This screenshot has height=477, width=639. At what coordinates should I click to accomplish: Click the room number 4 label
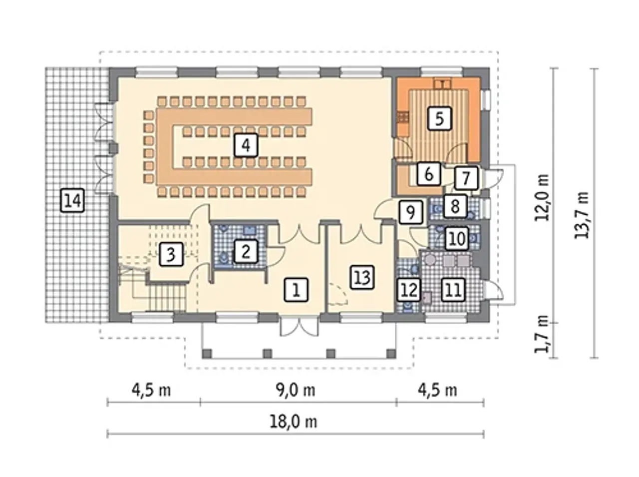[246, 145]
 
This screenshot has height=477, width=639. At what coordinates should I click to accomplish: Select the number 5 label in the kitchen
[439, 118]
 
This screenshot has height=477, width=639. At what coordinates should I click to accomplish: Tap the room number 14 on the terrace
[72, 200]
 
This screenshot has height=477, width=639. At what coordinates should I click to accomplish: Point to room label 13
[362, 277]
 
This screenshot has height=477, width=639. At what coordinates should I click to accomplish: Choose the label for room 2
[246, 251]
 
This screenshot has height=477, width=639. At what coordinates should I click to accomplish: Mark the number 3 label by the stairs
[171, 254]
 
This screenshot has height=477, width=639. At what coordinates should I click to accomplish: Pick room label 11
[453, 289]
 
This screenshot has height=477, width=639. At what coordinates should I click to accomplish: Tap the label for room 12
[409, 289]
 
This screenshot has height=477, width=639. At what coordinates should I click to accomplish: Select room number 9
[410, 212]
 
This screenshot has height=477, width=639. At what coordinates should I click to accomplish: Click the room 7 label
[466, 178]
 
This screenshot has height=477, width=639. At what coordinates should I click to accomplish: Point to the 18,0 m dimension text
[293, 422]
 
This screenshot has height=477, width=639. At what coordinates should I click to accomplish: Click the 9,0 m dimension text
[295, 390]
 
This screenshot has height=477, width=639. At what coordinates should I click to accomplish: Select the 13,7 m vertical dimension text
[582, 215]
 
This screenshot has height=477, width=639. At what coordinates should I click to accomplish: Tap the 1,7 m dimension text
[542, 338]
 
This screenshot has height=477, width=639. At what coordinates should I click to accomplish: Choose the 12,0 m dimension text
[542, 197]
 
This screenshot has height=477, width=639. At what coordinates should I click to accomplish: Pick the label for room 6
[428, 174]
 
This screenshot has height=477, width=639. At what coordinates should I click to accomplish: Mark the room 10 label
[457, 239]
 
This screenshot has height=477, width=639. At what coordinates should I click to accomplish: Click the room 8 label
[455, 206]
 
